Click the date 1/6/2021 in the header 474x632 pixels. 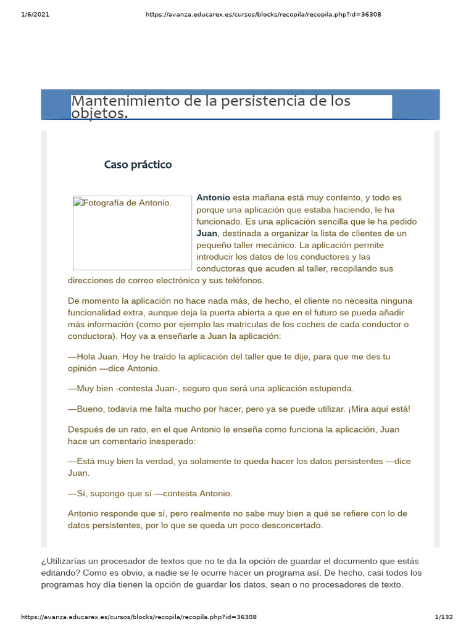[x=35, y=14]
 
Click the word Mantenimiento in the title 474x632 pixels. [x=125, y=101]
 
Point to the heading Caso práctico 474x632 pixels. [x=138, y=165]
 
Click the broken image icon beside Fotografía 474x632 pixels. [x=78, y=202]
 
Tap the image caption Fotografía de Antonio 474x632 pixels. [x=127, y=202]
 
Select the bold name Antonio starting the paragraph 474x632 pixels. [x=213, y=197]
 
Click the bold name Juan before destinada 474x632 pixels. [x=207, y=233]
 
